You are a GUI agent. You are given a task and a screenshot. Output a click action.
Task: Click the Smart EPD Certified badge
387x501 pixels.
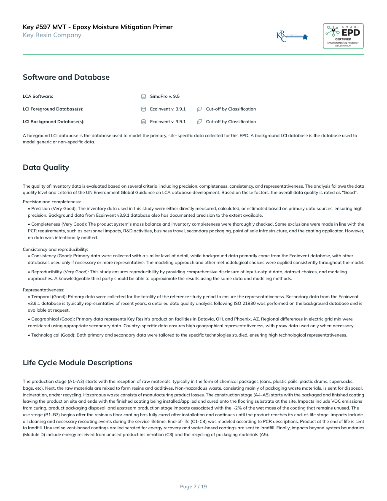pos(343,36)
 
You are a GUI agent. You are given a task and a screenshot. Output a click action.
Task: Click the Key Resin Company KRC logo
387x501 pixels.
pos(292,37)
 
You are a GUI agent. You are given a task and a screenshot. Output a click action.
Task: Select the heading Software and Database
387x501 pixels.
pos(66,77)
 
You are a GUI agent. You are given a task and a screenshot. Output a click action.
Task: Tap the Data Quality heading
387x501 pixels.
pos(46,167)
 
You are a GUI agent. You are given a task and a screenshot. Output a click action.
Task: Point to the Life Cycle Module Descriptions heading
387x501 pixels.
pos(78,363)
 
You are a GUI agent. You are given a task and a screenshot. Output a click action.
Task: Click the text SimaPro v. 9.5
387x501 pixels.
pos(165,97)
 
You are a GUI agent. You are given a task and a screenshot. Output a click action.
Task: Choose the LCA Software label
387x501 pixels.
pos(38,97)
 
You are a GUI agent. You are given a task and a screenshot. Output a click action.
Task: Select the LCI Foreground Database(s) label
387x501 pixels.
pos(53,109)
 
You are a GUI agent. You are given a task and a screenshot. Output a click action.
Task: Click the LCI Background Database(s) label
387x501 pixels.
pos(54,122)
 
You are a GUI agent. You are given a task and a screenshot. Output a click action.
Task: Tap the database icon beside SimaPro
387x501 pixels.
pos(144,97)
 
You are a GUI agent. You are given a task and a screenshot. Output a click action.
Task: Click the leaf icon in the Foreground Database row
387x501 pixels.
pos(200,109)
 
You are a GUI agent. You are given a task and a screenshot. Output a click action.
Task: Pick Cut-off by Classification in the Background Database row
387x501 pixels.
pos(231,122)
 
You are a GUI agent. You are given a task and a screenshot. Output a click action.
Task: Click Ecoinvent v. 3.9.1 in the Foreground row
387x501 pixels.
pos(168,109)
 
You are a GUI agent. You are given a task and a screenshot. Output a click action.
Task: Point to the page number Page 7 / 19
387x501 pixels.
pos(193,487)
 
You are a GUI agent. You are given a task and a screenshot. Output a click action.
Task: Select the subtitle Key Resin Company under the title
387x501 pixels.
pos(52,35)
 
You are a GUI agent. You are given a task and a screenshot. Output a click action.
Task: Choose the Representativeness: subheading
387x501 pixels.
pos(43,290)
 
